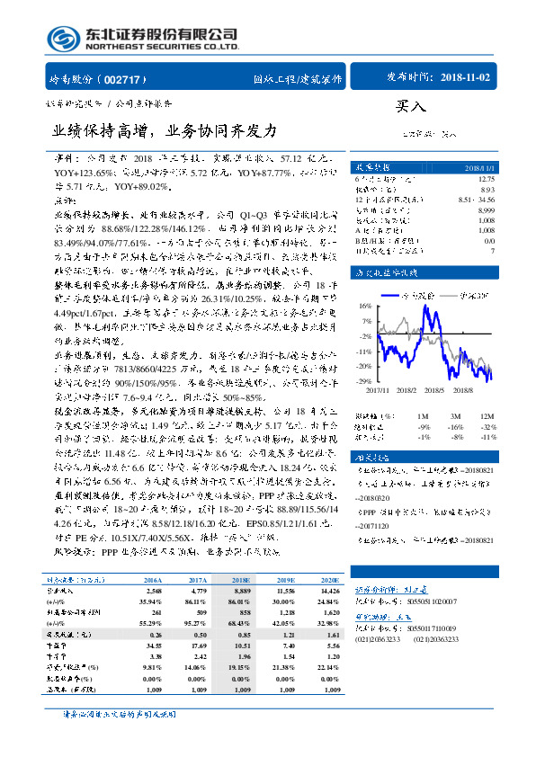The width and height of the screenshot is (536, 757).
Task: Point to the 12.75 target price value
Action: pyautogui.click(x=487, y=180)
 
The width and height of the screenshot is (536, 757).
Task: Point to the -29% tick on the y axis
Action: pyautogui.click(x=363, y=381)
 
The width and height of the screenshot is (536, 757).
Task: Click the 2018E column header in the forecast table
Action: pyautogui.click(x=241, y=581)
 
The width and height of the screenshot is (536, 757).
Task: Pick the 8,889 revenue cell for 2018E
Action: pyautogui.click(x=241, y=590)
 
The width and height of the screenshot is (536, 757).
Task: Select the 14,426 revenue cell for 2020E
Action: pyautogui.click(x=330, y=590)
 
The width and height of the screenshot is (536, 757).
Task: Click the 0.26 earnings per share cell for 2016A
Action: pyautogui.click(x=154, y=635)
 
